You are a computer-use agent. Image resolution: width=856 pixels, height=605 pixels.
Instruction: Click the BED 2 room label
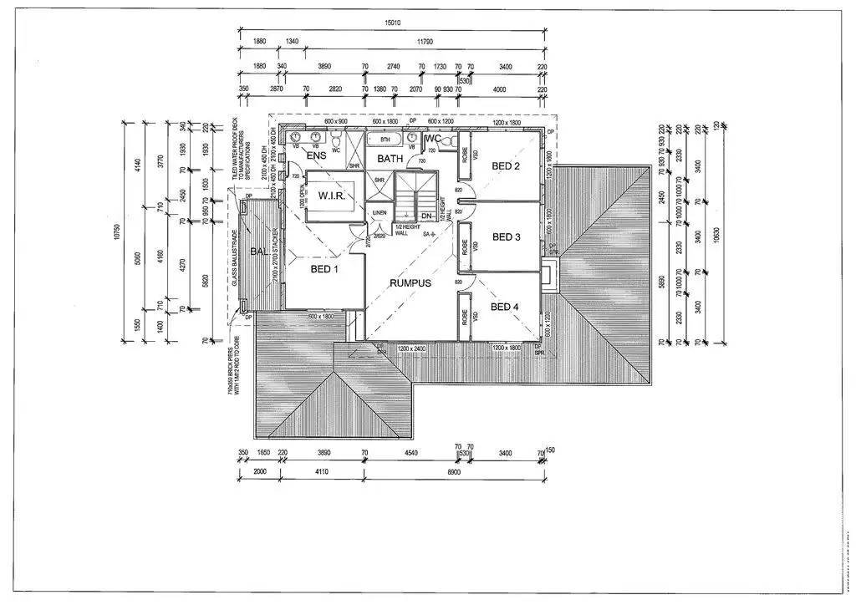pyautogui.click(x=506, y=165)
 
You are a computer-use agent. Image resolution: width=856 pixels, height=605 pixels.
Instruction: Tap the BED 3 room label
pyautogui.click(x=506, y=237)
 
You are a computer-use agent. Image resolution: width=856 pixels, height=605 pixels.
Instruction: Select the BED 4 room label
pyautogui.click(x=505, y=308)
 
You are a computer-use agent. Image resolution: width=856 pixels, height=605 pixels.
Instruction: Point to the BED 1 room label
pyautogui.click(x=324, y=269)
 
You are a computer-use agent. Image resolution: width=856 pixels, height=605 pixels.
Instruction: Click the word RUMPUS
pyautogui.click(x=410, y=283)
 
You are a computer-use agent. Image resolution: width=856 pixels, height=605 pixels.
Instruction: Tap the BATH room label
pyautogui.click(x=390, y=158)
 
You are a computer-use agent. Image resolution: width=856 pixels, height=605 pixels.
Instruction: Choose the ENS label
pyautogui.click(x=316, y=156)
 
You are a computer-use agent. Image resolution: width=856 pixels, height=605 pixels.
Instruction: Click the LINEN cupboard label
pyautogui.click(x=380, y=213)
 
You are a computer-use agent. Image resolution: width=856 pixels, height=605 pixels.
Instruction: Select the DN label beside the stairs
pyautogui.click(x=426, y=216)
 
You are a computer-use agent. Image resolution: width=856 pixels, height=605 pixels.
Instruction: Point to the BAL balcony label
pyautogui.click(x=259, y=252)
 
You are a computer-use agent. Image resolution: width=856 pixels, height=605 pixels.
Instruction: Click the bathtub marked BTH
pyautogui.click(x=385, y=140)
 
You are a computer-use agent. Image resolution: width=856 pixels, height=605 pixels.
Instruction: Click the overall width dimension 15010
pyautogui.click(x=391, y=25)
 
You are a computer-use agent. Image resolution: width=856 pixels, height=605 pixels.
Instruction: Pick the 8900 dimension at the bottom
pyautogui.click(x=454, y=471)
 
